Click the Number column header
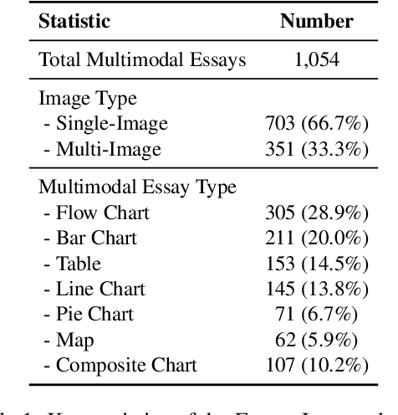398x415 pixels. tap(316, 22)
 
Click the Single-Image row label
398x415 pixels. tap(105, 125)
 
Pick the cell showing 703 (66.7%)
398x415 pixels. tap(316, 125)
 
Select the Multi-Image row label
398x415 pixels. tap(101, 151)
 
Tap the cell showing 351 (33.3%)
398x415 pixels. tap(316, 151)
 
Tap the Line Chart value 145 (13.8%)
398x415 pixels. tap(316, 289)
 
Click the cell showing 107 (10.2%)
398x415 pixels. tap(316, 366)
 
